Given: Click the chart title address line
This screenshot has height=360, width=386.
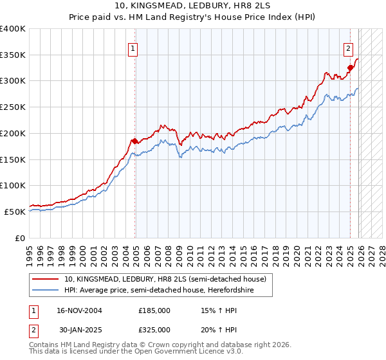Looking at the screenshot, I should (193, 6).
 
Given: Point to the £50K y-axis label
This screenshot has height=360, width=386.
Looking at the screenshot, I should (15, 212).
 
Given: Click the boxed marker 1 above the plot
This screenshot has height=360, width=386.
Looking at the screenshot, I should (133, 48).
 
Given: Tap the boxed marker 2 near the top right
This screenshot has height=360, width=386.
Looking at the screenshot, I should (348, 48).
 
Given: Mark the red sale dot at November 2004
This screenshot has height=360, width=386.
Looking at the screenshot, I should (134, 141).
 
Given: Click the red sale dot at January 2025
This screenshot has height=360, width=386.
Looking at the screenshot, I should (350, 67).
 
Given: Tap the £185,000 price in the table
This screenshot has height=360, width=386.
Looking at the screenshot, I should (154, 310).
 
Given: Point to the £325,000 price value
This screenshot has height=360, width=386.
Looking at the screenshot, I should (154, 329).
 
